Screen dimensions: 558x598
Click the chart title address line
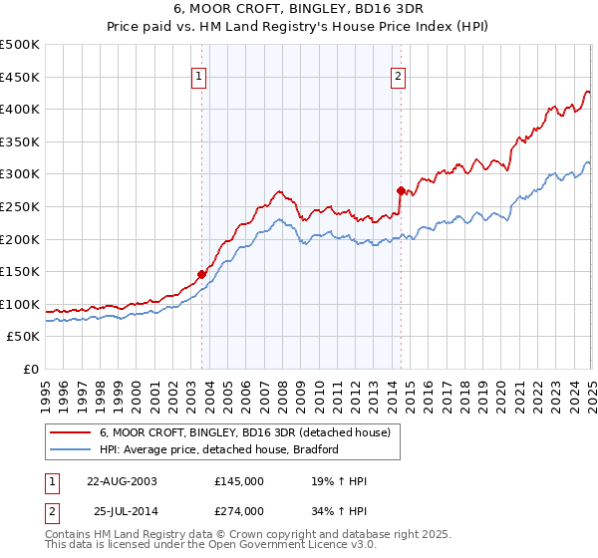[298, 8]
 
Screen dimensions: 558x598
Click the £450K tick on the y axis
[20, 77]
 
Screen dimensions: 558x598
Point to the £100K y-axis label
[20, 304]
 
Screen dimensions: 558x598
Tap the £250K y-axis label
[20, 206]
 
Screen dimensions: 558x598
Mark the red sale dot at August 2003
[201, 274]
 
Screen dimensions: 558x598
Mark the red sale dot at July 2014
[401, 190]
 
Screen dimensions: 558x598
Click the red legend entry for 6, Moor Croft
[249, 432]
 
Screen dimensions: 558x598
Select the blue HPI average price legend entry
[219, 449]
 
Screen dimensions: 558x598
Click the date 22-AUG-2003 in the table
[122, 481]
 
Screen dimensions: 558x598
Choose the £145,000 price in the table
[239, 481]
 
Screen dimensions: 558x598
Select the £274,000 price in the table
[239, 511]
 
